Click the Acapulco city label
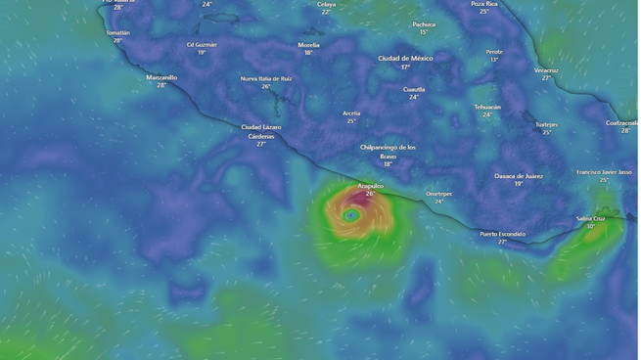tap(370, 185)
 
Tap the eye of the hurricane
tap(350, 214)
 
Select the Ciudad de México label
tap(405, 58)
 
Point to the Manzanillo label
tap(161, 76)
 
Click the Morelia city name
tap(308, 44)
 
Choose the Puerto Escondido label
tap(502, 234)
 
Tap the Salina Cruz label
tap(591, 218)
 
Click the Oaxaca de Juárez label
tap(519, 176)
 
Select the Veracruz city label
tap(546, 69)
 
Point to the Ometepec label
tap(439, 193)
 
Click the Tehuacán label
tap(487, 106)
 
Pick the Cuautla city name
tap(414, 89)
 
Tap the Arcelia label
tap(351, 112)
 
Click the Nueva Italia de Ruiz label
tap(266, 78)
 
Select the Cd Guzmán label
tap(202, 44)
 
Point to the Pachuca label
tap(424, 24)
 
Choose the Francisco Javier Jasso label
tap(604, 171)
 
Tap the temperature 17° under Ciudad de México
tap(405, 67)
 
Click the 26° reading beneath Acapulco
tap(370, 194)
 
